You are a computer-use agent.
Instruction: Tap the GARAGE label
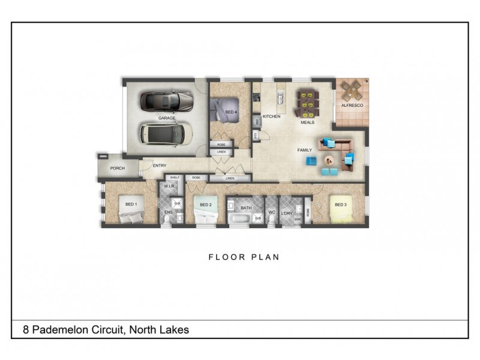pos(167,118)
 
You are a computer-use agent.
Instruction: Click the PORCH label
pos(117,169)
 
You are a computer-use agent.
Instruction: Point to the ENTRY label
pos(160,166)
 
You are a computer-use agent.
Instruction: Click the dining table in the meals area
pos(307,102)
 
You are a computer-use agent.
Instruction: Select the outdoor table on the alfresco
pos(350,92)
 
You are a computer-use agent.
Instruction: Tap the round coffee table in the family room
pos(329,160)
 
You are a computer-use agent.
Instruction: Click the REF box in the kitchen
pos(257,121)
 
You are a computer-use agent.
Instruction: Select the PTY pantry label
pos(256,136)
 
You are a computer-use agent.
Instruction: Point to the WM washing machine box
pos(298,219)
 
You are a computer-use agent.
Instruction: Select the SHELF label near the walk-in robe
pos(175,178)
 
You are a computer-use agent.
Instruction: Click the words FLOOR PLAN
pos(244,257)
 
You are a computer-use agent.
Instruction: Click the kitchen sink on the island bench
pos(280,98)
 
